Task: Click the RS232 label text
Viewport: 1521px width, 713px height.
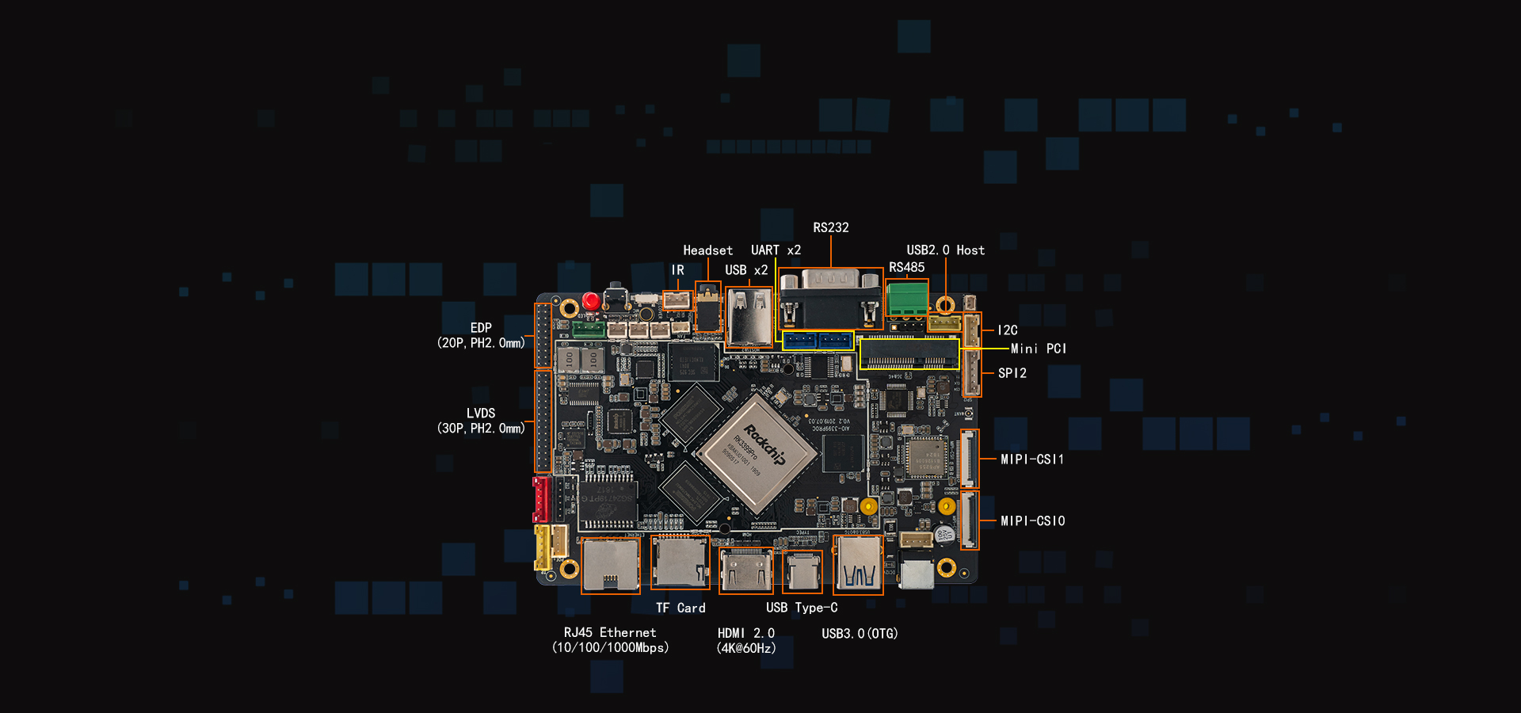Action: click(x=830, y=227)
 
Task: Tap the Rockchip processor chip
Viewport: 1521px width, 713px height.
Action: click(x=757, y=452)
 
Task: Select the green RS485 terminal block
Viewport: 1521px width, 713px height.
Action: click(x=907, y=299)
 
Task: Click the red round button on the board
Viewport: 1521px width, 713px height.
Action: click(x=590, y=301)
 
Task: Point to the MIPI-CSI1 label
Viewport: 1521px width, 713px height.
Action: click(x=1031, y=459)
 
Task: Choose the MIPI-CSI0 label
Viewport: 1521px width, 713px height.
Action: click(x=1032, y=521)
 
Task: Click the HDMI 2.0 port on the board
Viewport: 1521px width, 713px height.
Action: click(x=745, y=570)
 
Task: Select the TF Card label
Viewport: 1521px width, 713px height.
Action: click(x=680, y=608)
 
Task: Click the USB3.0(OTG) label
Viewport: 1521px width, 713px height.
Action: click(x=860, y=634)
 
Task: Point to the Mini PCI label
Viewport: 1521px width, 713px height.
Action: click(x=1038, y=349)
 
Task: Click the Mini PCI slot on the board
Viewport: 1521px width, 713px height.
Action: click(x=909, y=353)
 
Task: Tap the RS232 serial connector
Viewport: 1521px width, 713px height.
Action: click(x=829, y=298)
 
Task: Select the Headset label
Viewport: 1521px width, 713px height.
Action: click(x=707, y=250)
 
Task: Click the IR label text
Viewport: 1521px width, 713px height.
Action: click(x=677, y=270)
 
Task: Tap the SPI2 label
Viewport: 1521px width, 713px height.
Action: click(x=1012, y=373)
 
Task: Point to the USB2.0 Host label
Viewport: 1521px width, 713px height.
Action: click(x=945, y=250)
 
